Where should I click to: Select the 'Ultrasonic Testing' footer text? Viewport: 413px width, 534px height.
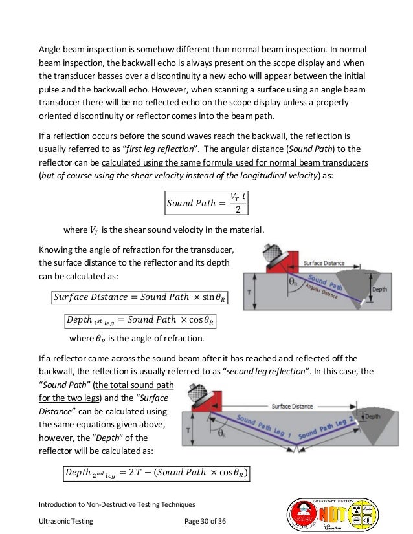64,521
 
